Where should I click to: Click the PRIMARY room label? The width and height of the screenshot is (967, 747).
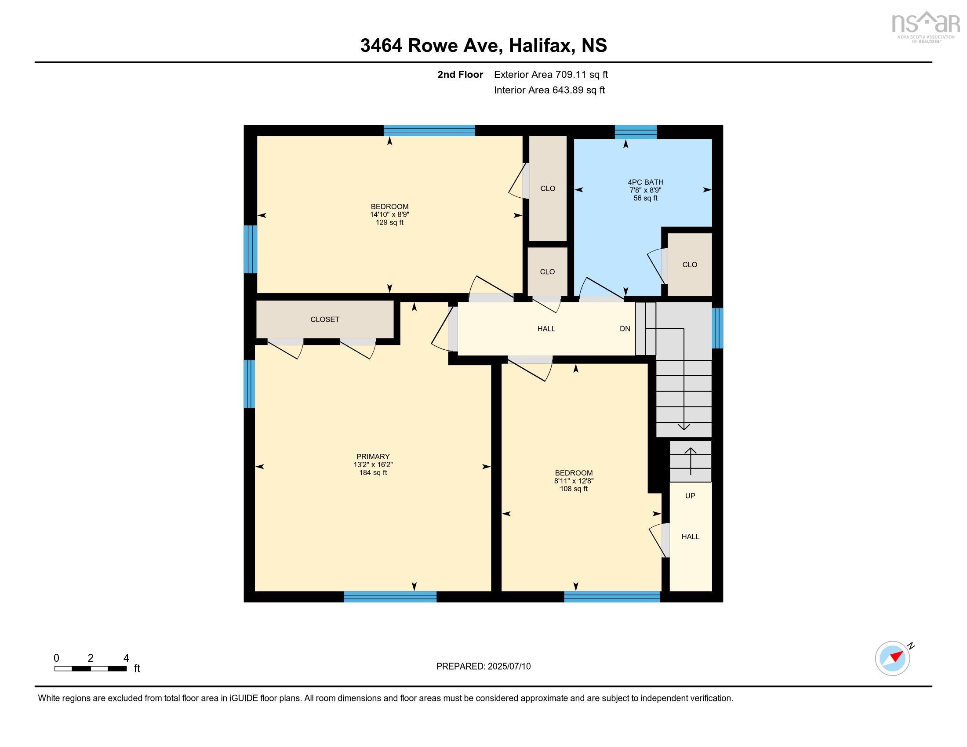373,457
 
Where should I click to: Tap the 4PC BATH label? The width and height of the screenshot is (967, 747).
645,182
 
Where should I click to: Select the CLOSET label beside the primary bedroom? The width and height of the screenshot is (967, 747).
324,319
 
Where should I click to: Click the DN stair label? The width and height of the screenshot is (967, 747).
625,329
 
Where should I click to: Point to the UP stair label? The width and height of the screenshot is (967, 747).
690,496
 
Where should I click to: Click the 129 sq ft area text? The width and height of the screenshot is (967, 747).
389,223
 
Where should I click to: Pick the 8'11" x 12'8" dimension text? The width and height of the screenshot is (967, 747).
573,481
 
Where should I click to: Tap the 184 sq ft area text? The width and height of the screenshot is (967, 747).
373,473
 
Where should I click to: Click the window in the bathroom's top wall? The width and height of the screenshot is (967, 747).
636,131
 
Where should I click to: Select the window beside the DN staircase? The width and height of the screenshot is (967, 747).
717,328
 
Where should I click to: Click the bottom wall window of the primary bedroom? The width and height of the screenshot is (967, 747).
389,597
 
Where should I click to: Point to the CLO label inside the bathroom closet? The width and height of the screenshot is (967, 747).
689,265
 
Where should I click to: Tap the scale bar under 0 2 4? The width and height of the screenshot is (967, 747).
90,669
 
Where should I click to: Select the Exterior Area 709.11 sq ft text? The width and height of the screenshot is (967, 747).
550,75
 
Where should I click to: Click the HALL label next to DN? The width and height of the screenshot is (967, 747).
546,329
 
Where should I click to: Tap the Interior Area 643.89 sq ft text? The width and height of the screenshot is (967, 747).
549,90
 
